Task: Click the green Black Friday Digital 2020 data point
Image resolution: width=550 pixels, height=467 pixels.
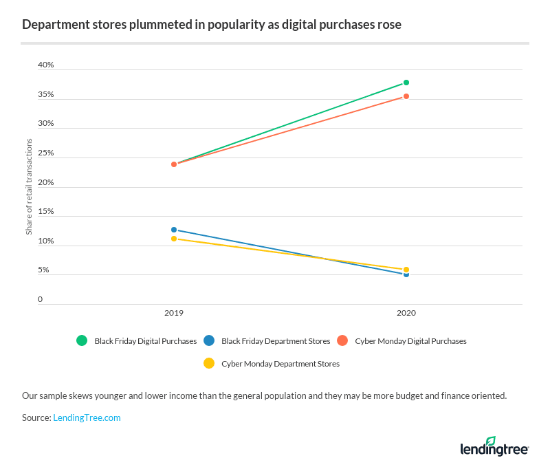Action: click(406, 83)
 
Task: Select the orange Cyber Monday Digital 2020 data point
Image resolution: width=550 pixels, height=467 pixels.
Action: click(406, 96)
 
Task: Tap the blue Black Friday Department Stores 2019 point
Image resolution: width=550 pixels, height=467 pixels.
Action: click(174, 230)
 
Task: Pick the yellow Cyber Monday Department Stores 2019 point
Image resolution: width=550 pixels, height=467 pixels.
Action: click(174, 239)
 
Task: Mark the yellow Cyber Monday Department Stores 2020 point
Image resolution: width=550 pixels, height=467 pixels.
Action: click(406, 270)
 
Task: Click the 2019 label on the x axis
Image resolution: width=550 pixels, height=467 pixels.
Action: click(174, 313)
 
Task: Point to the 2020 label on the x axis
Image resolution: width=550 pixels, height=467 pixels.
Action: click(406, 313)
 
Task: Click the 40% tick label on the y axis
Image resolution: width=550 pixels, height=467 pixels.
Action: click(45, 65)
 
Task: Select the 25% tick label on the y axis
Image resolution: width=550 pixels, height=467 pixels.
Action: click(45, 153)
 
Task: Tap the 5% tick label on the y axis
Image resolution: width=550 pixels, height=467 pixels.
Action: click(43, 270)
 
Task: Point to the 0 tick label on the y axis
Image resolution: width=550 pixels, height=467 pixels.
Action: click(40, 299)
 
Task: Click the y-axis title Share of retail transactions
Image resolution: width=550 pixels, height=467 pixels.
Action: click(29, 186)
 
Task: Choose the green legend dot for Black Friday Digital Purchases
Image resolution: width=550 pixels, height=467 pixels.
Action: click(82, 340)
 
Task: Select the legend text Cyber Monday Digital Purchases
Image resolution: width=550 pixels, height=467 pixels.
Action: click(410, 341)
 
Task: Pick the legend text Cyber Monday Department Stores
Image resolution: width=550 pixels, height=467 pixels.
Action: click(280, 363)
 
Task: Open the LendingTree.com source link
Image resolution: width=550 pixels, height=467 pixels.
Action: click(87, 417)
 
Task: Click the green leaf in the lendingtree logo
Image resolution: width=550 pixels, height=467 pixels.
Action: click(490, 440)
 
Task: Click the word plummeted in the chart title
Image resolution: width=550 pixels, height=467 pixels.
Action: click(122, 25)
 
